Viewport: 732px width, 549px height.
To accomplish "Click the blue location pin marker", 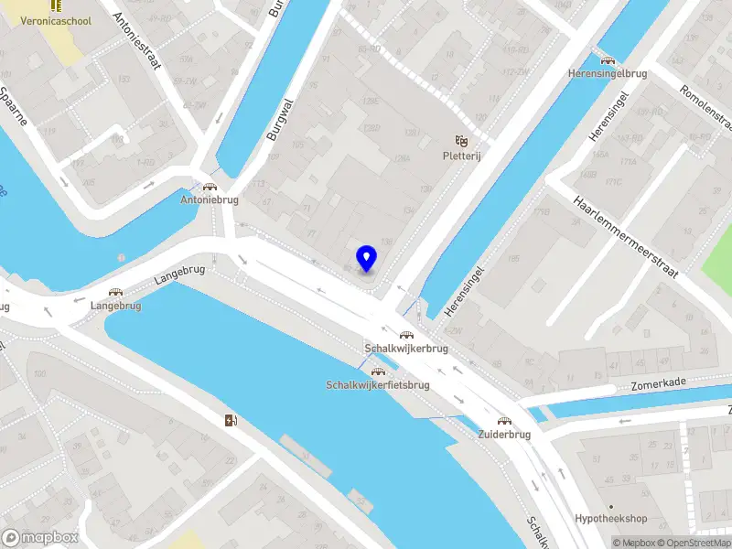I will [366, 258].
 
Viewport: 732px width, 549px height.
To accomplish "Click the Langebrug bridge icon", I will [115, 293].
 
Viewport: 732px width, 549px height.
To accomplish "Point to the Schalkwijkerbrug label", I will [406, 349].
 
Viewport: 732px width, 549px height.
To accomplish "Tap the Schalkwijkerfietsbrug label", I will [377, 385].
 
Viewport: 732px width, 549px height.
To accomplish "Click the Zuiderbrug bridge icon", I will [503, 422].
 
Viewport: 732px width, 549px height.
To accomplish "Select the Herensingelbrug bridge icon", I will [607, 60].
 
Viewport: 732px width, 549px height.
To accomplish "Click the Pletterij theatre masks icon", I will [462, 141].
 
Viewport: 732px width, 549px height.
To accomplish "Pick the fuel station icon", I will [230, 421].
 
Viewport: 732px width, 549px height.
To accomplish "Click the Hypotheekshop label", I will [611, 519].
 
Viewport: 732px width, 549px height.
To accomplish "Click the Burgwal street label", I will [274, 119].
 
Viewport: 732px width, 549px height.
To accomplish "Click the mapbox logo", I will [40, 537].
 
